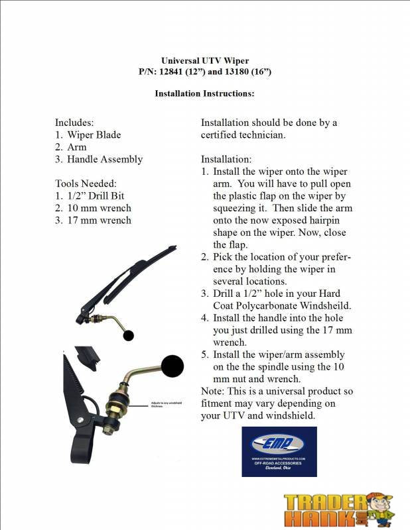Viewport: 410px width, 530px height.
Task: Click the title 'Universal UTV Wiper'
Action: pyautogui.click(x=205, y=60)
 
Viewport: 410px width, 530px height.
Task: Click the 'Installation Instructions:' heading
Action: pyautogui.click(x=204, y=93)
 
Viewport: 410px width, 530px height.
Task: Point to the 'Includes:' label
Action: pyautogui.click(x=74, y=123)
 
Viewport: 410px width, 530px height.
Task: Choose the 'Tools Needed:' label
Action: pyautogui.click(x=86, y=184)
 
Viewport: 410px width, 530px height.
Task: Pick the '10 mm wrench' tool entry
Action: pyautogui.click(x=99, y=208)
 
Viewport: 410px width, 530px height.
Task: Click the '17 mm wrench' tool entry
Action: pyautogui.click(x=99, y=220)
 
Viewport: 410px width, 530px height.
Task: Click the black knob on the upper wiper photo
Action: pyautogui.click(x=129, y=335)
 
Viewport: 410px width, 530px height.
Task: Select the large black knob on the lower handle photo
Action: pyautogui.click(x=172, y=366)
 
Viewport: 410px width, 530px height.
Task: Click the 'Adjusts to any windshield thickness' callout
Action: pyautogui.click(x=167, y=404)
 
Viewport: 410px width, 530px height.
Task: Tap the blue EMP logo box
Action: pyautogui.click(x=279, y=452)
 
